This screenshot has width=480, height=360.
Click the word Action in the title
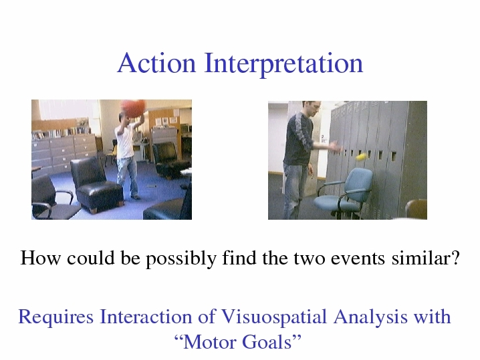click(156, 63)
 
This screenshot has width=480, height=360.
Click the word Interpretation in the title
click(283, 64)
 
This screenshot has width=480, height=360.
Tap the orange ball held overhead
click(133, 108)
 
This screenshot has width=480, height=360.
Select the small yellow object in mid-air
click(361, 157)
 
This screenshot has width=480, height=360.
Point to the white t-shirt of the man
click(125, 140)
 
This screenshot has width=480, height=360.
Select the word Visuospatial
click(273, 317)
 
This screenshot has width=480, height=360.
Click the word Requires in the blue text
click(56, 317)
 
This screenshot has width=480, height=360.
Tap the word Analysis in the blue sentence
click(370, 317)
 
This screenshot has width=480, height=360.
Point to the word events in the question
click(358, 258)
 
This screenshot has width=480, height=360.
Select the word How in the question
click(40, 258)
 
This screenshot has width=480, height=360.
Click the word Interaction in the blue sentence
click(146, 317)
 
